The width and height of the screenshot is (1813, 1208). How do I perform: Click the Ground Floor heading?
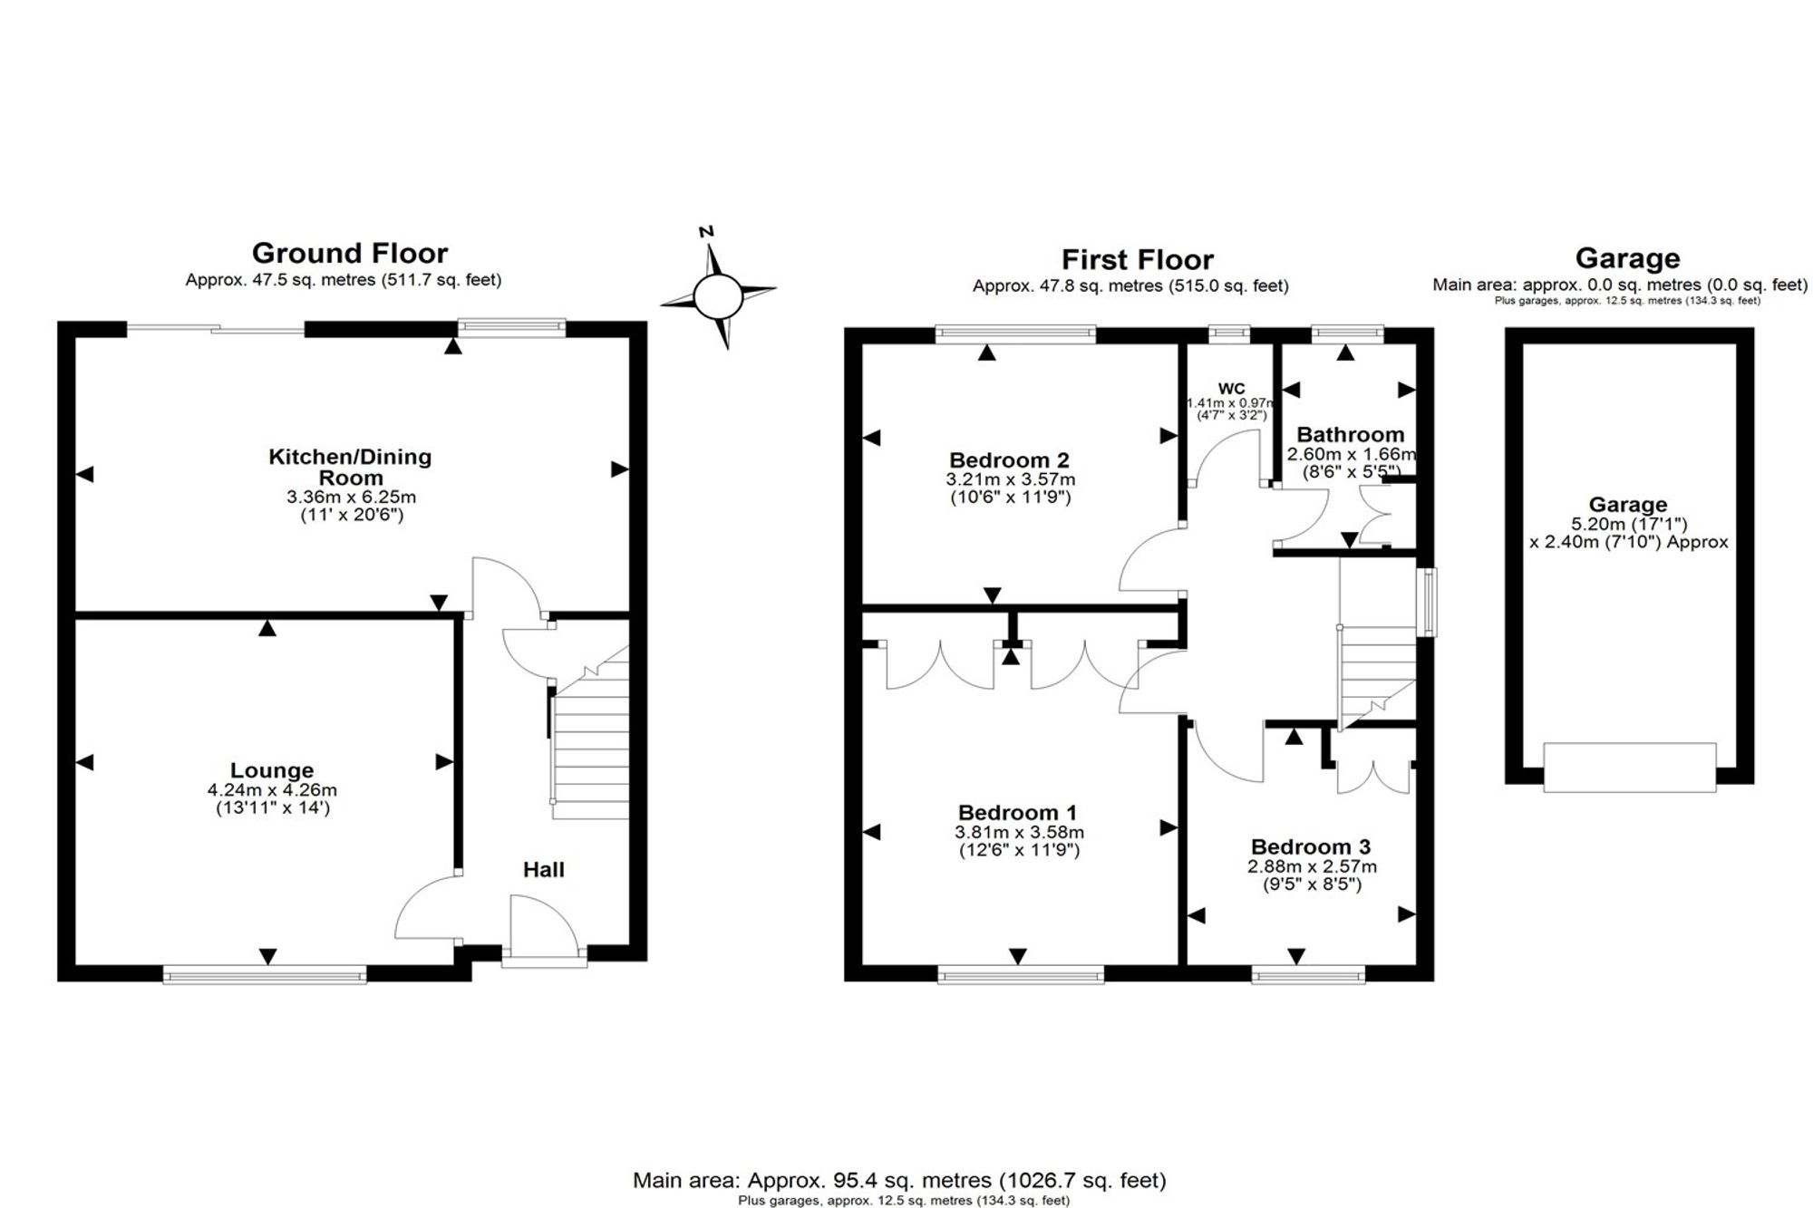[x=350, y=253]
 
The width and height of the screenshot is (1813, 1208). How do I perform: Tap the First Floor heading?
[x=1138, y=260]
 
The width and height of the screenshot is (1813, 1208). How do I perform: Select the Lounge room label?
[x=272, y=770]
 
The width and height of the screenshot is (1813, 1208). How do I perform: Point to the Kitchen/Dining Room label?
[x=350, y=467]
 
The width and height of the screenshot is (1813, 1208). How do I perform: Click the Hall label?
[x=544, y=870]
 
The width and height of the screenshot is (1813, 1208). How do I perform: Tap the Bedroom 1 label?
[x=1018, y=812]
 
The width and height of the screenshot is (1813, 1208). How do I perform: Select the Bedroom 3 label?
[x=1311, y=846]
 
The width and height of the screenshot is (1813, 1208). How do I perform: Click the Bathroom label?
[x=1351, y=435]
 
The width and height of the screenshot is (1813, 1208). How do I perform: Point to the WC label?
[x=1232, y=389]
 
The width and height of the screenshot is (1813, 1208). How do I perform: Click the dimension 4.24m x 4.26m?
[x=272, y=790]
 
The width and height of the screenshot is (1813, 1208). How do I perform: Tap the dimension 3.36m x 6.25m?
[x=352, y=497]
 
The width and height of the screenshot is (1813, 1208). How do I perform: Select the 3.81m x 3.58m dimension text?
[x=1019, y=832]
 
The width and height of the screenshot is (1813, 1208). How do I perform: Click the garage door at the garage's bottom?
[x=1630, y=768]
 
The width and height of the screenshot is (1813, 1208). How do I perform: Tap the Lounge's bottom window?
[x=265, y=975]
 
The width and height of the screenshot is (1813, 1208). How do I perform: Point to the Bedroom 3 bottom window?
[x=1309, y=975]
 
